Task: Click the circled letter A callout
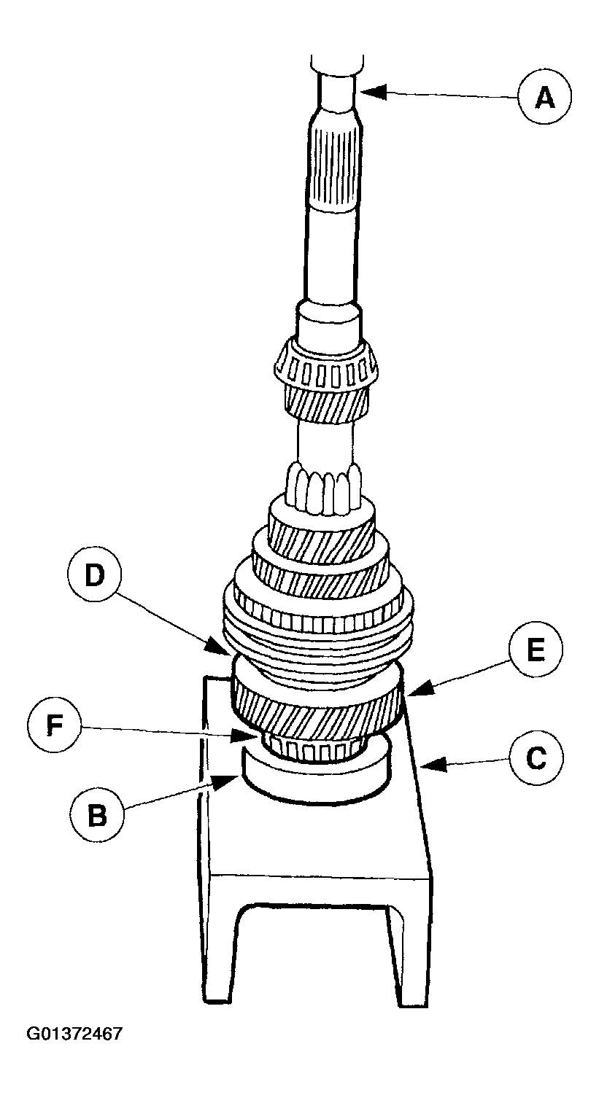pyautogui.click(x=544, y=96)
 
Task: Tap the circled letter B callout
pyautogui.click(x=96, y=815)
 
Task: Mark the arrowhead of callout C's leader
pyautogui.click(x=425, y=765)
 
